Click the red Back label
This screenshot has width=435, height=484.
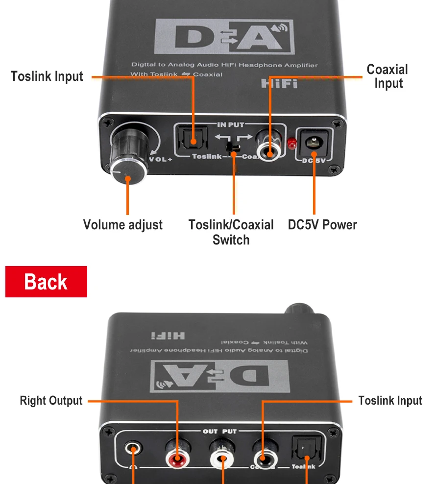[x=46, y=282]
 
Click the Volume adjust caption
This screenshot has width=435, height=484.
[x=122, y=225]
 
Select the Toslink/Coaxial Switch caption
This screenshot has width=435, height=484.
[x=231, y=232]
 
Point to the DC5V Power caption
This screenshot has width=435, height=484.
[x=322, y=225]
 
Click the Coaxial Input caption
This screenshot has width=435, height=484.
[x=387, y=76]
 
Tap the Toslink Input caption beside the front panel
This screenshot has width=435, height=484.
[x=47, y=77]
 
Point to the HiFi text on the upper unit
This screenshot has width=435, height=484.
[x=279, y=84]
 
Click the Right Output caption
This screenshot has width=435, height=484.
[x=51, y=401]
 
